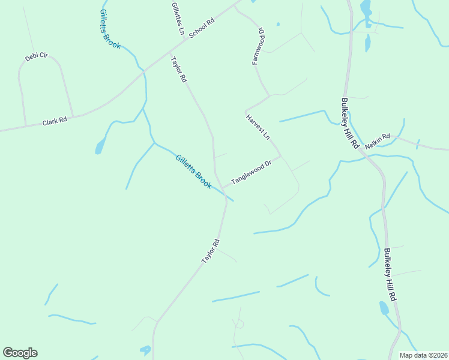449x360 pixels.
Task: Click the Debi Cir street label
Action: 36,56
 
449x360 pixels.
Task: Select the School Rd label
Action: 202,28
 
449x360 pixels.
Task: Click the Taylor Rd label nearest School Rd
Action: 179,70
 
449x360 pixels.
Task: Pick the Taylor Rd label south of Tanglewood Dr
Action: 211,251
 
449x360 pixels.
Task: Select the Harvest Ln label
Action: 258,127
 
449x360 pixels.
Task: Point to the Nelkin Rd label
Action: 378,137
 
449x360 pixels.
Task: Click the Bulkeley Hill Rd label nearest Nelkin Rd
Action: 350,124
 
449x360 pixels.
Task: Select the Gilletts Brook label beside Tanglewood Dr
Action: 193,172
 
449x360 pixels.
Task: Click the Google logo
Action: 20,353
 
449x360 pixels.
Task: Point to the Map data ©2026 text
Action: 423,355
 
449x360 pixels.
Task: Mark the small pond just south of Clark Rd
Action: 100,146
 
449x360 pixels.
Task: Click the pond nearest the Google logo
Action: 145,349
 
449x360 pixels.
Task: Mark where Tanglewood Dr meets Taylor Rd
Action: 223,187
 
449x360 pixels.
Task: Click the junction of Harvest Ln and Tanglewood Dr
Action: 280,157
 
